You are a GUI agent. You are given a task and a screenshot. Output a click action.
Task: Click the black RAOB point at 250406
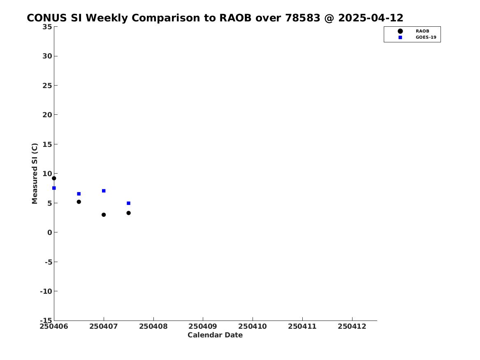pyautogui.click(x=54, y=178)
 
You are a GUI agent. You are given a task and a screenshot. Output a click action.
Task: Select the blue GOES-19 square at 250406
pyautogui.click(x=54, y=188)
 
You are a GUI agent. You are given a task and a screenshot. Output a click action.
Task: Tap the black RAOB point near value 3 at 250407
pyautogui.click(x=104, y=215)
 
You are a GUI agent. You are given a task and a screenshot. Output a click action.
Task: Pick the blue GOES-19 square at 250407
pyautogui.click(x=104, y=191)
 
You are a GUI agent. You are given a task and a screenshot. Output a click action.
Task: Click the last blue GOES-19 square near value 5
pyautogui.click(x=129, y=203)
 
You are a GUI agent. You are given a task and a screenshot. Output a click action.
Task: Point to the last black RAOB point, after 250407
pyautogui.click(x=129, y=213)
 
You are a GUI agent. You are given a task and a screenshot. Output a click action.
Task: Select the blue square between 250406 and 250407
pyautogui.click(x=79, y=194)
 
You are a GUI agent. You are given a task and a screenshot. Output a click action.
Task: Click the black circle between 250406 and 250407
pyautogui.click(x=79, y=202)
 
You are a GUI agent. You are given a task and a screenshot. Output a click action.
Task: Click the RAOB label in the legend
pyautogui.click(x=422, y=31)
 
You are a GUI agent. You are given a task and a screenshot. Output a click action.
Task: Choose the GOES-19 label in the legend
pyautogui.click(x=426, y=37)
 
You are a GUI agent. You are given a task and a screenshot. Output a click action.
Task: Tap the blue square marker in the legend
pyautogui.click(x=400, y=37)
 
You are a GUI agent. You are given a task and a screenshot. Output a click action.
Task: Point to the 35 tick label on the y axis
pyautogui.click(x=47, y=27)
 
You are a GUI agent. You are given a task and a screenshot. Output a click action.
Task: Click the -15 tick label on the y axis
pyautogui.click(x=46, y=320)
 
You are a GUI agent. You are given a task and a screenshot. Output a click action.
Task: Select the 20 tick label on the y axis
pyautogui.click(x=47, y=115)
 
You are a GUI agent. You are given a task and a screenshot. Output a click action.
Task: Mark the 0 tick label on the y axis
pyautogui.click(x=50, y=232)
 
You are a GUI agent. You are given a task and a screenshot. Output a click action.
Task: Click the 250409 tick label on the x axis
pyautogui.click(x=203, y=327)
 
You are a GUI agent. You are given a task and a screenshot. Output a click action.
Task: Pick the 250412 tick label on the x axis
pyautogui.click(x=352, y=327)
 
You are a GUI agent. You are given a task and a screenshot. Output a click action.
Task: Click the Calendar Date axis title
pyautogui.click(x=215, y=335)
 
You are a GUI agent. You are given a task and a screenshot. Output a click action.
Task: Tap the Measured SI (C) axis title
pyautogui.click(x=35, y=174)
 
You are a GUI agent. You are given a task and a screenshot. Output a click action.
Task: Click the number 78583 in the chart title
pyautogui.click(x=303, y=18)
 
